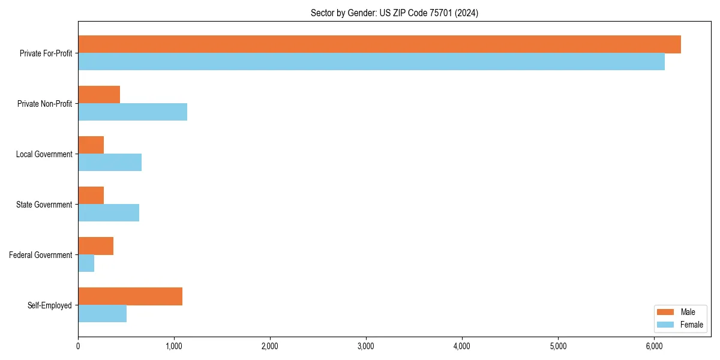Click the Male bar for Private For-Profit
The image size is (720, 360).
click(379, 44)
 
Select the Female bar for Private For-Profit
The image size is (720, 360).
click(371, 62)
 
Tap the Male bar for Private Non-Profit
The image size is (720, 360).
click(99, 95)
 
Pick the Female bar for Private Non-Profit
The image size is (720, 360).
click(133, 112)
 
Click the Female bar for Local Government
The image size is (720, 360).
click(110, 163)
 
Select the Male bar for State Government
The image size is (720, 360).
click(91, 196)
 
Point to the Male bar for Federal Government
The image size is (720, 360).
click(95, 246)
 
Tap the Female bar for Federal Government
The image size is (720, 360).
click(86, 263)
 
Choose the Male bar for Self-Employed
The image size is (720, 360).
click(130, 296)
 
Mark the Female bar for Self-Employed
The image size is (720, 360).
click(102, 314)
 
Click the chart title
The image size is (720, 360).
click(394, 13)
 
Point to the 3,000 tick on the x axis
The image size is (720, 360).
click(366, 346)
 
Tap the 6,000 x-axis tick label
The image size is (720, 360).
click(654, 346)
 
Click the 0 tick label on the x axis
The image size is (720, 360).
click(78, 346)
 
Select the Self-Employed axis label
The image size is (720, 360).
click(50, 305)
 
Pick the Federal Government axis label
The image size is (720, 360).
click(41, 255)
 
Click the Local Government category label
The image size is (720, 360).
click(44, 154)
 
